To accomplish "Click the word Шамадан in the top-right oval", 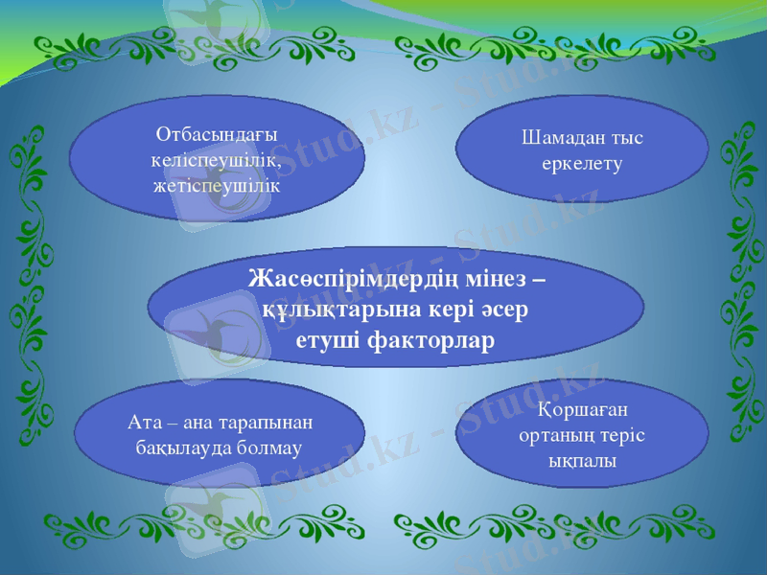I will tap(561, 138).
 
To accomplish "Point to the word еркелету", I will tap(582, 164).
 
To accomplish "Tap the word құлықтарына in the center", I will tap(327, 310).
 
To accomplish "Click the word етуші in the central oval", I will tap(329, 340).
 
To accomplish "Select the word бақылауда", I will tap(183, 448).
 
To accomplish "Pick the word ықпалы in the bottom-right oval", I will tap(582, 460).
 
